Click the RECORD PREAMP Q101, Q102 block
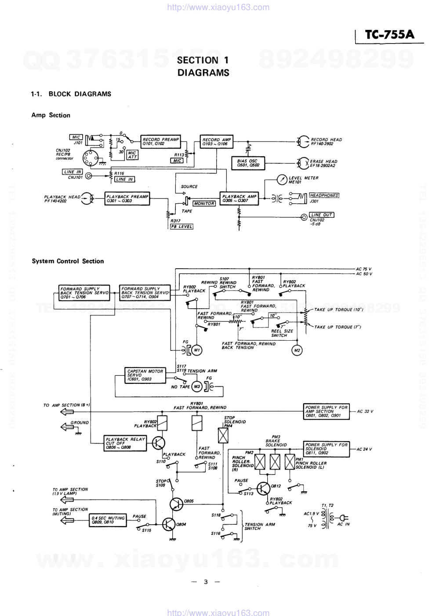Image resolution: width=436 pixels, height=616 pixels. (x=160, y=141)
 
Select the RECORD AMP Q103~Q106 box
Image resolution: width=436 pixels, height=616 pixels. (x=216, y=141)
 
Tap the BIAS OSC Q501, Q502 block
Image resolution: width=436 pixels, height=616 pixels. (x=248, y=163)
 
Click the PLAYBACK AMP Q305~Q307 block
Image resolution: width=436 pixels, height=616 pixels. (x=239, y=198)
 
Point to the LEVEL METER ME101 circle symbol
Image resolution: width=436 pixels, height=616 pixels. (x=282, y=180)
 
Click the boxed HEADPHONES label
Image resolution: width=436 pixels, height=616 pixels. (x=324, y=195)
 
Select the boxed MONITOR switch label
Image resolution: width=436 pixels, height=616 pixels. (x=204, y=204)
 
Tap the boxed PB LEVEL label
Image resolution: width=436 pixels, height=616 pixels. (x=182, y=227)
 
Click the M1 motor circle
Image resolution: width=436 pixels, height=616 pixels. (x=196, y=350)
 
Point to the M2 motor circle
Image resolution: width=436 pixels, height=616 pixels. (x=297, y=350)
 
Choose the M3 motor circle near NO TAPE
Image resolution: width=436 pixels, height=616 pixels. (x=197, y=387)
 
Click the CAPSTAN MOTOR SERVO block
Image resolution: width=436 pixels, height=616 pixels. (x=145, y=375)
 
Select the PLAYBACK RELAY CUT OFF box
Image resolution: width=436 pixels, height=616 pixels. (x=125, y=443)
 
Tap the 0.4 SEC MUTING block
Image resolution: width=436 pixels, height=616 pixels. (x=108, y=520)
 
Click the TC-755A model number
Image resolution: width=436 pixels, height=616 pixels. (x=390, y=35)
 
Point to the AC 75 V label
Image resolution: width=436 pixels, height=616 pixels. (x=363, y=269)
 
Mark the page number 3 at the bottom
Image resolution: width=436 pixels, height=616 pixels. (x=205, y=582)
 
